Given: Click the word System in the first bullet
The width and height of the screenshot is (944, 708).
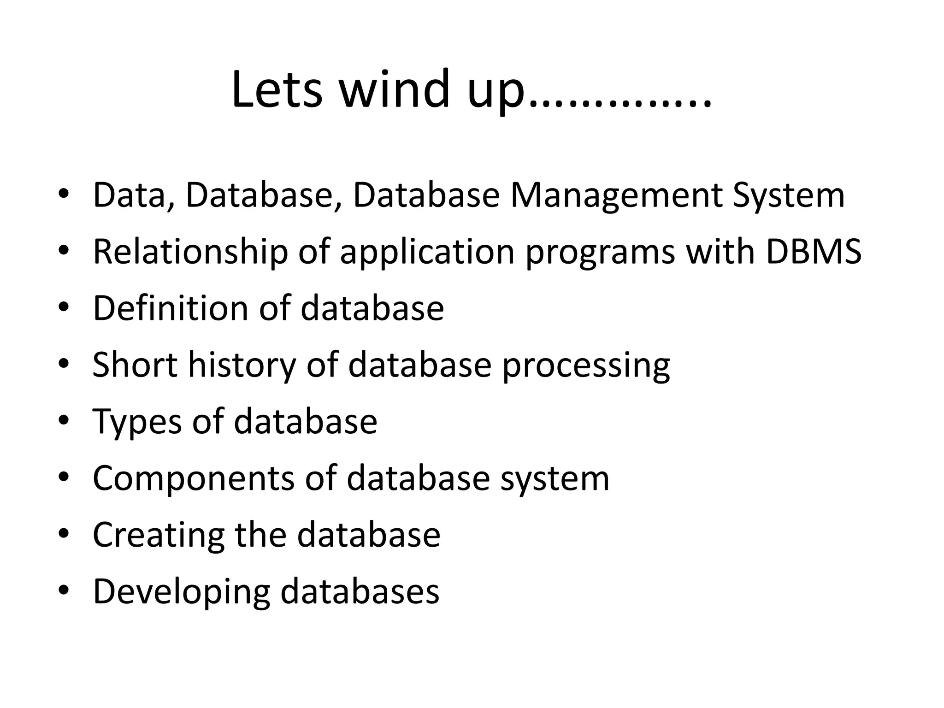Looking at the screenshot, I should coord(789,196).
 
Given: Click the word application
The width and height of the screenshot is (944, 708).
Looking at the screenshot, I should coord(427,253).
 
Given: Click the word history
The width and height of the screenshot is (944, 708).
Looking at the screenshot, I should coord(242,366).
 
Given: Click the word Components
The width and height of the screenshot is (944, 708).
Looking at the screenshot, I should coord(193,479).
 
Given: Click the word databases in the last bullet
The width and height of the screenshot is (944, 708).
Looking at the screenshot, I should coord(360,591).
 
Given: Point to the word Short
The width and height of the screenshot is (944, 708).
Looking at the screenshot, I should coord(135,365).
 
